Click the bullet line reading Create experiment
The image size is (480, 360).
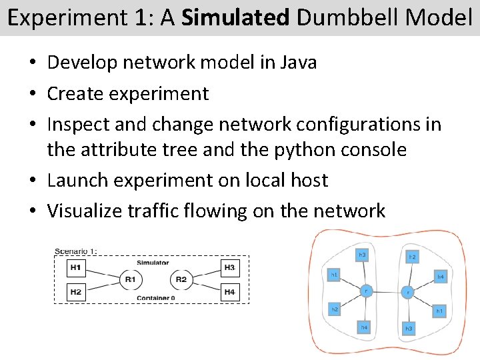coord(128,93)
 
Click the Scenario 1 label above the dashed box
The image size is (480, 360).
coord(75,251)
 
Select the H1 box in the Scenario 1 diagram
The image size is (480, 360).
coord(76,268)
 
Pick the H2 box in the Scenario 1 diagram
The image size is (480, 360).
coord(76,291)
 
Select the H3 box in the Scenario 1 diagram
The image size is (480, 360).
coord(230,268)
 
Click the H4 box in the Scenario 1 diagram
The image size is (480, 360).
coord(230,291)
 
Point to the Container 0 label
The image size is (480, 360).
coord(155,298)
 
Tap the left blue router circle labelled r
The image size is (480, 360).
coord(366,291)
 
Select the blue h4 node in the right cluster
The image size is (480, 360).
coord(440,275)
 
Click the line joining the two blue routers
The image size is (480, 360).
coord(387,291)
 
